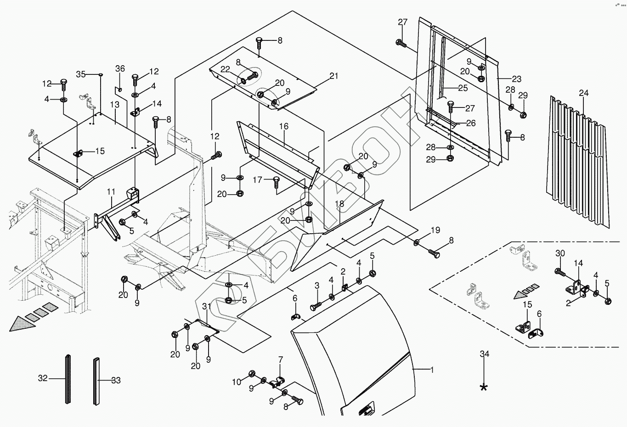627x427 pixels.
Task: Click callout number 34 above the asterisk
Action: click(484, 354)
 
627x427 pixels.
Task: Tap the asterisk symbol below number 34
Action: click(484, 387)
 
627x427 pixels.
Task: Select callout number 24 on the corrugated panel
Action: click(583, 93)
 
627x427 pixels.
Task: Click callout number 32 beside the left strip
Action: click(43, 378)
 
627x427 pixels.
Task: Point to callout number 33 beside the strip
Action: click(116, 380)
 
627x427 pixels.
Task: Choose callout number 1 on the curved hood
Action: click(432, 369)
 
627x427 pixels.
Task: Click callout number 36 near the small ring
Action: click(120, 69)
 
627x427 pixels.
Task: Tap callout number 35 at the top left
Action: click(81, 74)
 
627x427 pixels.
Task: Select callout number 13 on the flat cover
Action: click(114, 105)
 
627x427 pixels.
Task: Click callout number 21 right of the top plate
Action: click(333, 76)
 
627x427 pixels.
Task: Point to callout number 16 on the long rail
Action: click(283, 126)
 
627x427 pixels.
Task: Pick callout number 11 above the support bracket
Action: click(111, 191)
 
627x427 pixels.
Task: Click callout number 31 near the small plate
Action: click(206, 307)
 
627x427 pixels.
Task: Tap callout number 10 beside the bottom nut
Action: click(236, 382)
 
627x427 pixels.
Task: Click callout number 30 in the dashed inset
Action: click(560, 253)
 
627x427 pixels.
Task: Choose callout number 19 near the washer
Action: click(435, 230)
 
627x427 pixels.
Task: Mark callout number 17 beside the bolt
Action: click(257, 180)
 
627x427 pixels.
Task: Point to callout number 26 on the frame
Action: click(471, 123)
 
